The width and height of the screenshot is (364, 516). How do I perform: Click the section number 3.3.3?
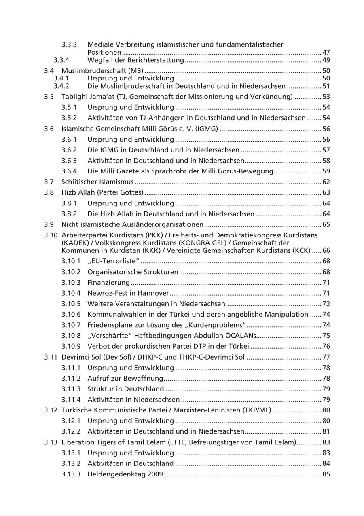(x=69, y=44)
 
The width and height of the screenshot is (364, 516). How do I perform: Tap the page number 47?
(x=326, y=53)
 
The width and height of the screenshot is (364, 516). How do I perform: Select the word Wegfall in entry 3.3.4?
(x=100, y=60)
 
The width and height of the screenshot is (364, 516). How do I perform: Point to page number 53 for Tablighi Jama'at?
(x=326, y=97)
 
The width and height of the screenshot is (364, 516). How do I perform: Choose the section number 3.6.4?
(x=69, y=171)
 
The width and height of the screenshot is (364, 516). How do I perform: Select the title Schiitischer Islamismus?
(x=97, y=182)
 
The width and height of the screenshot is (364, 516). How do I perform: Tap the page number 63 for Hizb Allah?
(x=326, y=192)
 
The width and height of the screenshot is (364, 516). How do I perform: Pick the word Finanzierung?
(x=108, y=282)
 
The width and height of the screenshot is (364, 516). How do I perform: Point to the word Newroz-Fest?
(x=107, y=293)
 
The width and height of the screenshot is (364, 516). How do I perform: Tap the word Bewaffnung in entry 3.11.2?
(x=144, y=379)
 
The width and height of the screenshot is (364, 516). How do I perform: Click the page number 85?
(x=326, y=474)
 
